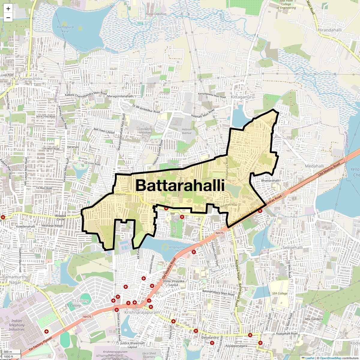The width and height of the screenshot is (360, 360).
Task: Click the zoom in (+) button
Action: (x=8, y=9)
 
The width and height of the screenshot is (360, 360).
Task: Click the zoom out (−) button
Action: (x=8, y=18)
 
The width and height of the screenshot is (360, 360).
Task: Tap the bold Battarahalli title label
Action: (x=180, y=185)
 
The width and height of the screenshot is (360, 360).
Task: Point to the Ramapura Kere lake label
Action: (x=63, y=29)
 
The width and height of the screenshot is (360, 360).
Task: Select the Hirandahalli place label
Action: (x=330, y=31)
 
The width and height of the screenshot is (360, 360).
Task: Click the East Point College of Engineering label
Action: (x=286, y=4)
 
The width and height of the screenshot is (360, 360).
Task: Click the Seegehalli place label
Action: (x=293, y=248)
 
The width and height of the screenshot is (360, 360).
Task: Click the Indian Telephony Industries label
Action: (x=16, y=325)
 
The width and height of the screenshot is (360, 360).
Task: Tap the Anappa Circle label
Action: (x=60, y=217)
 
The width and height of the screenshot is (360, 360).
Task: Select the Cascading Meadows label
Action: (x=145, y=131)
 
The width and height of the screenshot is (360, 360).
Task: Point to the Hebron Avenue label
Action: (x=187, y=131)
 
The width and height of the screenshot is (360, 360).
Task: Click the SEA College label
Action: (x=280, y=293)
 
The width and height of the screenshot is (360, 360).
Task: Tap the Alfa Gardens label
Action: (x=314, y=319)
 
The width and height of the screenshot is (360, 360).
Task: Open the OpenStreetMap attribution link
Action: (x=331, y=358)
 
